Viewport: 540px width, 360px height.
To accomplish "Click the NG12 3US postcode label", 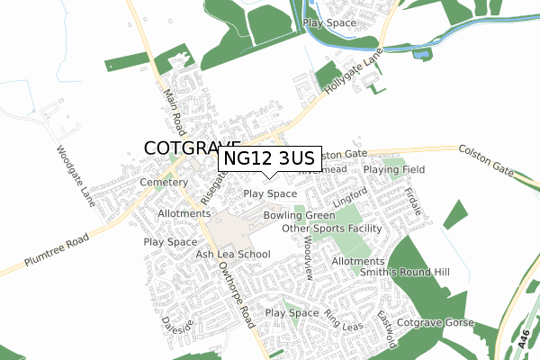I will [267, 159].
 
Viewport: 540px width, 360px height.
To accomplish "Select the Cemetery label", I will [162, 183].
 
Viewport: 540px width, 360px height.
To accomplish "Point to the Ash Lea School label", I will [233, 255].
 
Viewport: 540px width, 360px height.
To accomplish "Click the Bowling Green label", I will [300, 216].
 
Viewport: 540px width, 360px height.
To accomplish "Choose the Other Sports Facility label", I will [332, 229].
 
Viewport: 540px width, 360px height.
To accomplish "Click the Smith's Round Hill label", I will [404, 272].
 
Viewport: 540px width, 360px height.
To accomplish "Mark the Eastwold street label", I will [387, 330].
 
